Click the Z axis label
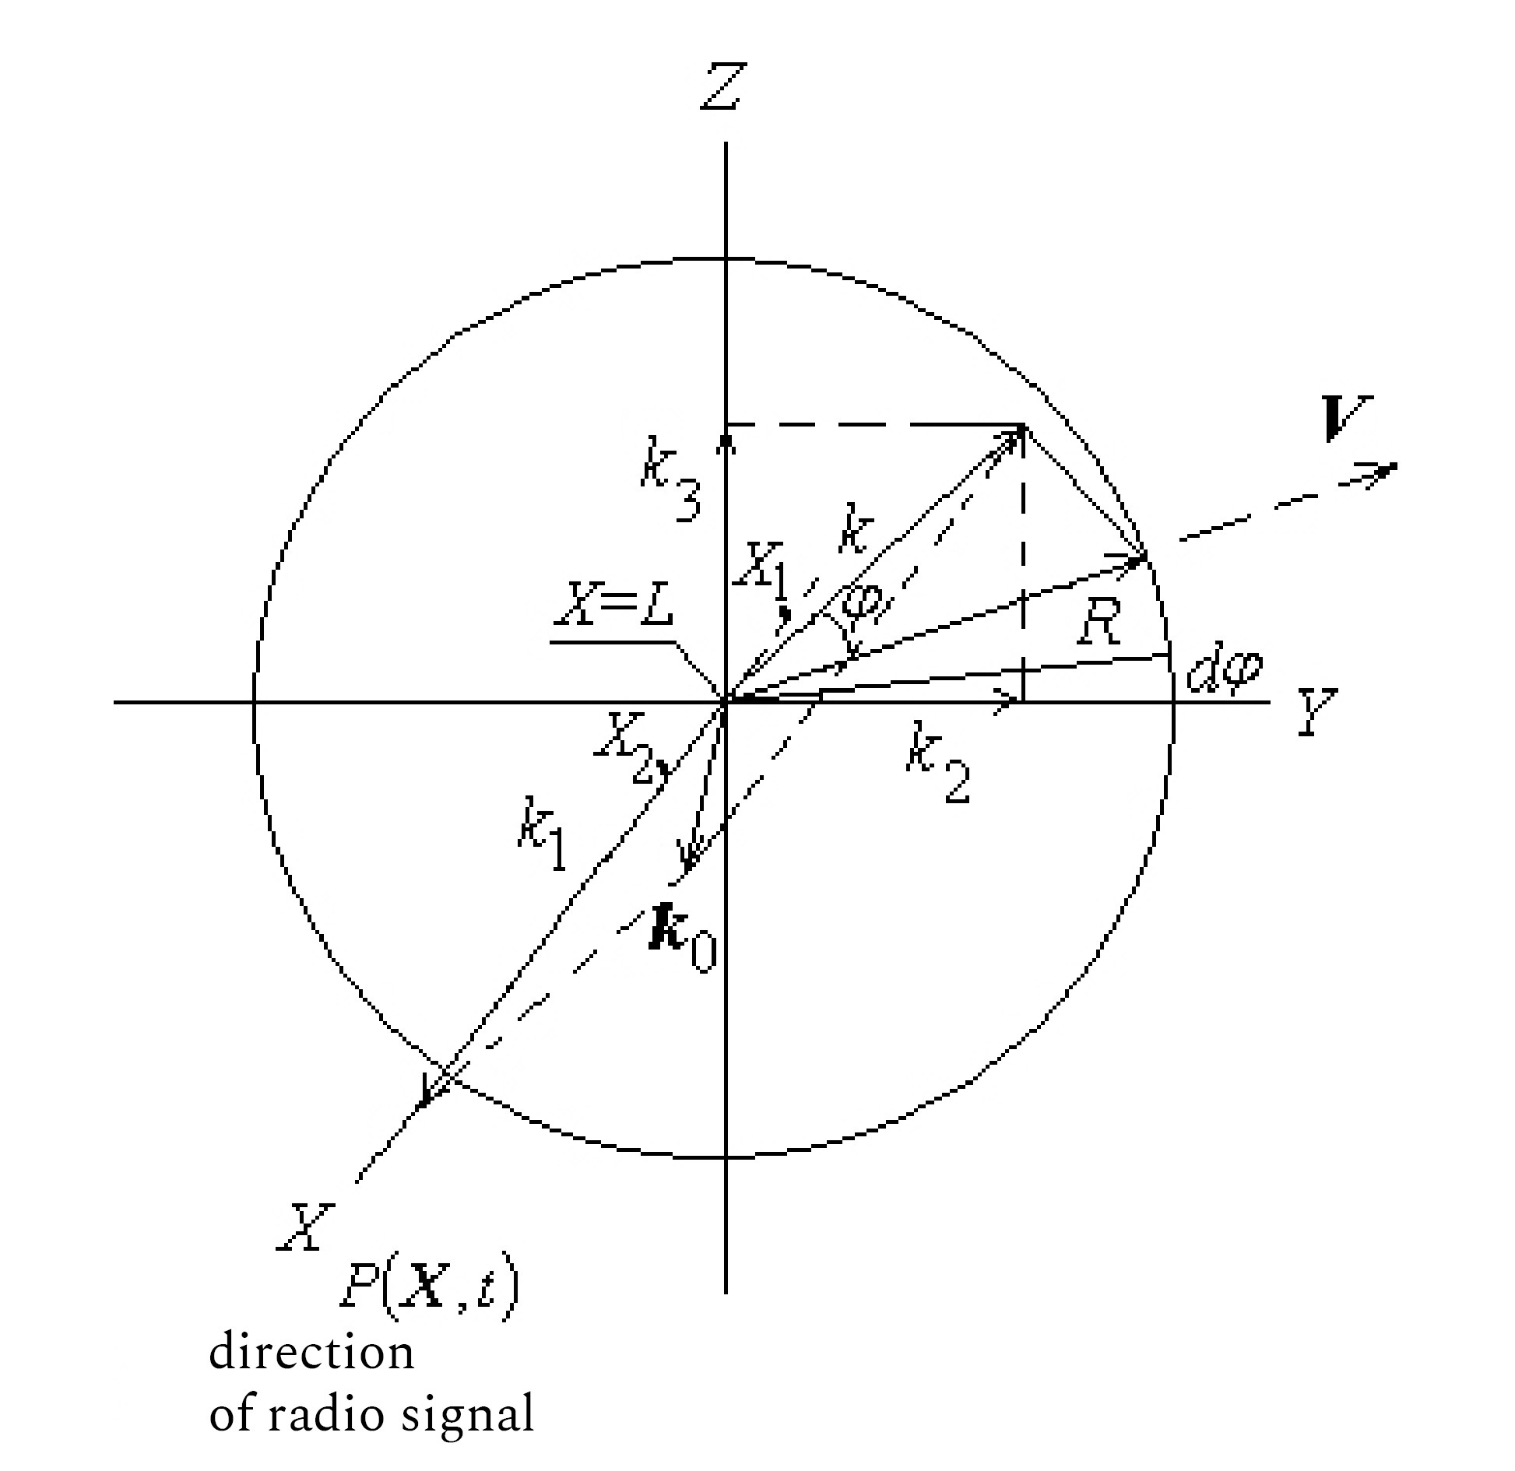tap(723, 86)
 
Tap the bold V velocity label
tap(1349, 419)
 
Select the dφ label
tap(1223, 670)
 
